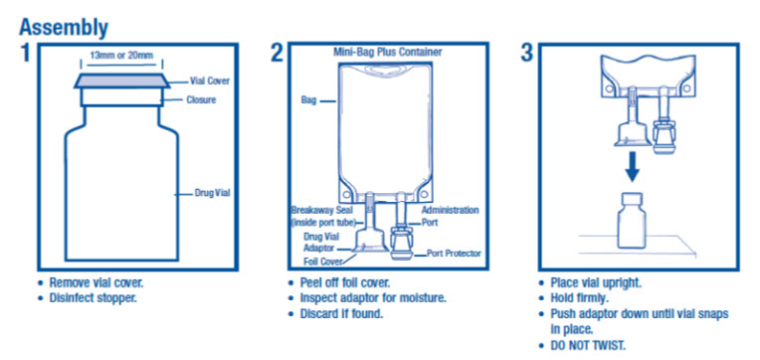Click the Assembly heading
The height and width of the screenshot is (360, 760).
pos(64,28)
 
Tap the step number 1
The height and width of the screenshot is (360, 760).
pos(25,53)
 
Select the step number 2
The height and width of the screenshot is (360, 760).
pos(277,53)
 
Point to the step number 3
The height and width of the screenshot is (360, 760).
pos(527,53)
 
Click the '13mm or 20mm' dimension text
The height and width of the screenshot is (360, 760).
pos(121,56)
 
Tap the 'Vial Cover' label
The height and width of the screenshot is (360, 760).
pos(210,81)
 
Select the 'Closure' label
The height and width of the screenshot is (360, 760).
pos(201,100)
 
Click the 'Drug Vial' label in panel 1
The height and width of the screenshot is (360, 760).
pos(212,193)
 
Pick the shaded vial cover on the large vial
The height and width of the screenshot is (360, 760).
pos(121,82)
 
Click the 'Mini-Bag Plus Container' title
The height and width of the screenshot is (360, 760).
pos(387,52)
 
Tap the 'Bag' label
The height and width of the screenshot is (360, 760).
pos(308,100)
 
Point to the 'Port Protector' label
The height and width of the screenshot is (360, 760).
pos(454,253)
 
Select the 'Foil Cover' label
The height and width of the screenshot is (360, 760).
pos(323,262)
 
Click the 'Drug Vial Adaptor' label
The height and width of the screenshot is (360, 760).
pos(321,243)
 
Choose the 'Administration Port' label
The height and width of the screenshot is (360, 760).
pos(450,216)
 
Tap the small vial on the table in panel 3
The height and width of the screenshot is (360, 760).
pos(631,220)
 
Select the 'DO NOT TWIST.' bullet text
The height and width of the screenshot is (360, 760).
pos(588,346)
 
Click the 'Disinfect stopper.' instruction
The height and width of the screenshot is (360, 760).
pos(94,297)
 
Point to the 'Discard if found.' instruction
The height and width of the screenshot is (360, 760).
pos(342,313)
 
